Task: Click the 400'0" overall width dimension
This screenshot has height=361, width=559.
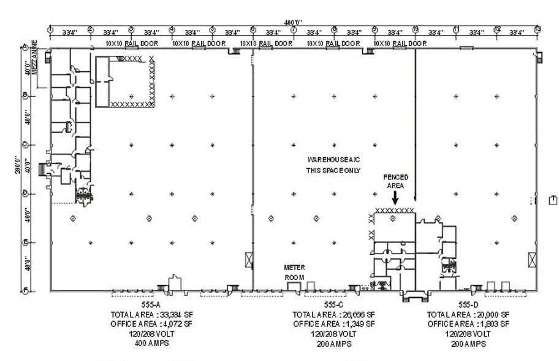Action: click(294, 22)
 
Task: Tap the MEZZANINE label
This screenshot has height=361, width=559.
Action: click(35, 58)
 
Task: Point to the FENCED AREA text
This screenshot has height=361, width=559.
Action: click(395, 181)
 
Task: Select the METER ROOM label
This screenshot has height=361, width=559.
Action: click(294, 272)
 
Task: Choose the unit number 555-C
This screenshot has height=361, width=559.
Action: click(333, 305)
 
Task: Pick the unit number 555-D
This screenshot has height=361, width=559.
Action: click(468, 305)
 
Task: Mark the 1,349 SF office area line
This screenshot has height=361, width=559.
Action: click(333, 324)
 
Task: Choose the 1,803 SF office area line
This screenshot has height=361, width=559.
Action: click(468, 324)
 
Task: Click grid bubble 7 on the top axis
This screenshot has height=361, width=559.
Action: click(294, 29)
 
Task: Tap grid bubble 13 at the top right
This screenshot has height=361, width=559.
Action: click(538, 29)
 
